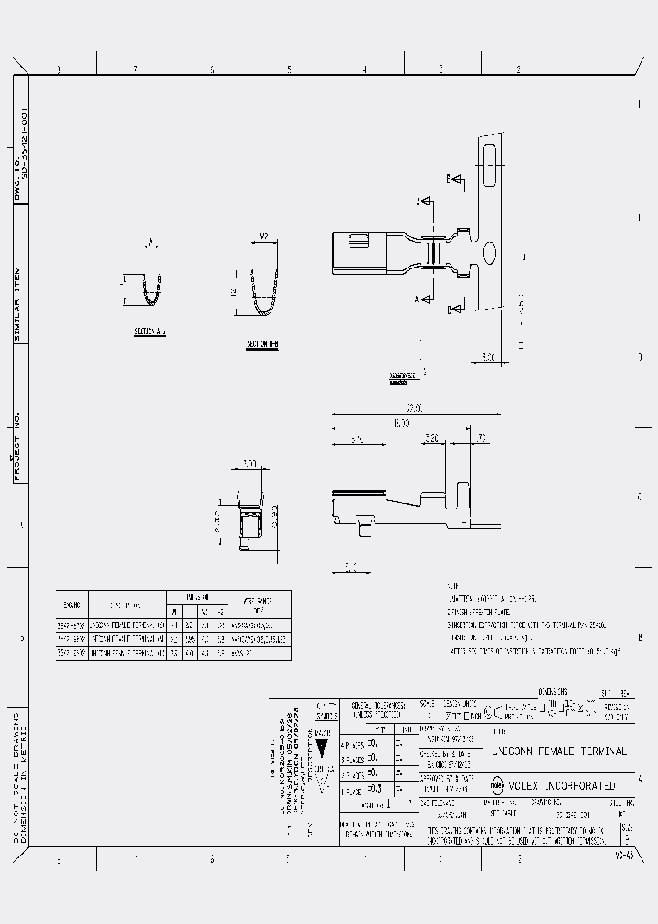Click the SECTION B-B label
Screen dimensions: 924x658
pos(261,344)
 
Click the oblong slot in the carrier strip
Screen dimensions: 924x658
pos(491,165)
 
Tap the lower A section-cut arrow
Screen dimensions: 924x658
pos(423,298)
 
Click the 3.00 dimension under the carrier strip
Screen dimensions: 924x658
pos(490,357)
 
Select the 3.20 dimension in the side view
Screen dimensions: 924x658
pos(433,438)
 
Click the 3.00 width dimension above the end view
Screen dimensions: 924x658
pos(249,463)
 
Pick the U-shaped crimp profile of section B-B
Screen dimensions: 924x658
pos(264,293)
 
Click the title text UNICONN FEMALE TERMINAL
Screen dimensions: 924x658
pos(559,751)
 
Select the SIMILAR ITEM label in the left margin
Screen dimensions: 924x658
pos(18,303)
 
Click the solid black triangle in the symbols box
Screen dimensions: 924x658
pos(321,743)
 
